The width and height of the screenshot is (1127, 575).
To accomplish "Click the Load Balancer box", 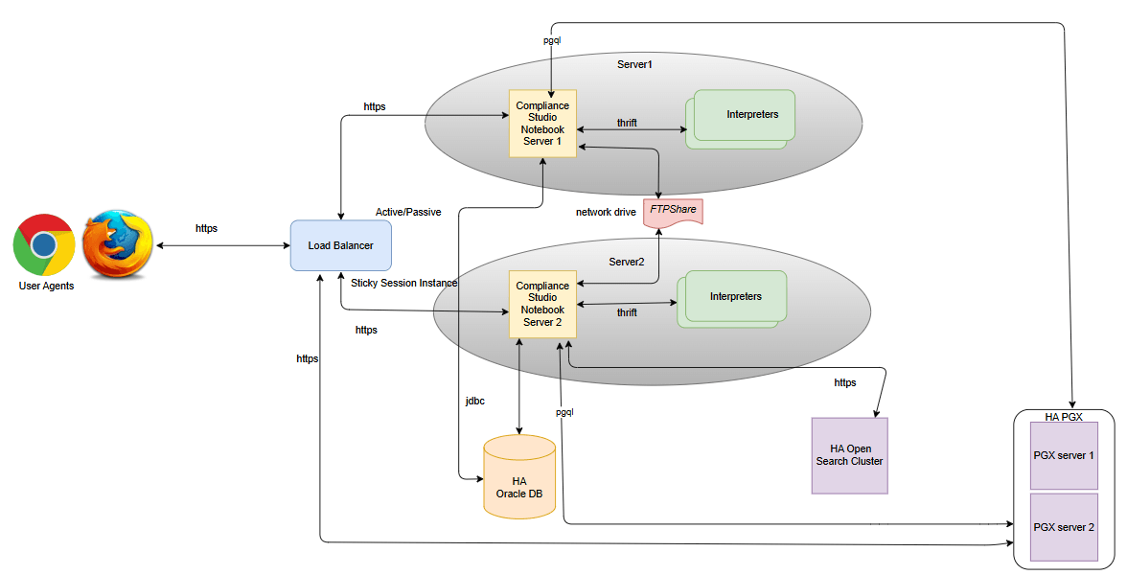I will point(340,245).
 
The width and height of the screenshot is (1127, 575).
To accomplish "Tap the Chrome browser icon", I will point(44,244).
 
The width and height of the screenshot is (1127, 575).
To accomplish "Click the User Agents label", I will point(46,287).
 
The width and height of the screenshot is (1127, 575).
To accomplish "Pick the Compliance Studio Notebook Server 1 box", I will point(543,123).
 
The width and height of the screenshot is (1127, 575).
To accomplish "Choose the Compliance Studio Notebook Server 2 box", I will point(542,304).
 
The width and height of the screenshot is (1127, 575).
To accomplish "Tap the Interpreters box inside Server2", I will point(734,297).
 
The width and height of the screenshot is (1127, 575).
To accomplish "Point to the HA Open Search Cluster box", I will point(849,455).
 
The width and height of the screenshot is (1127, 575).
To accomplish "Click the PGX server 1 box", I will point(1064,456).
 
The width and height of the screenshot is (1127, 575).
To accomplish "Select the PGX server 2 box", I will point(1064,527).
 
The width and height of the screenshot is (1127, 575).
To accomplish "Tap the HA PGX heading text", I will point(1064,417).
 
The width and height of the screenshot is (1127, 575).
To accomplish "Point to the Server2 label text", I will point(626,262).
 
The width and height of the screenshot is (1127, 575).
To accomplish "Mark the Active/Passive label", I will point(408,212).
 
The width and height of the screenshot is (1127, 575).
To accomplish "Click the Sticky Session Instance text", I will point(403,283).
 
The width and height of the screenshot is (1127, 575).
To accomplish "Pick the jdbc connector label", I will point(474,402).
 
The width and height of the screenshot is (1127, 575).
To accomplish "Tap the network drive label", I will point(606,212).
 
